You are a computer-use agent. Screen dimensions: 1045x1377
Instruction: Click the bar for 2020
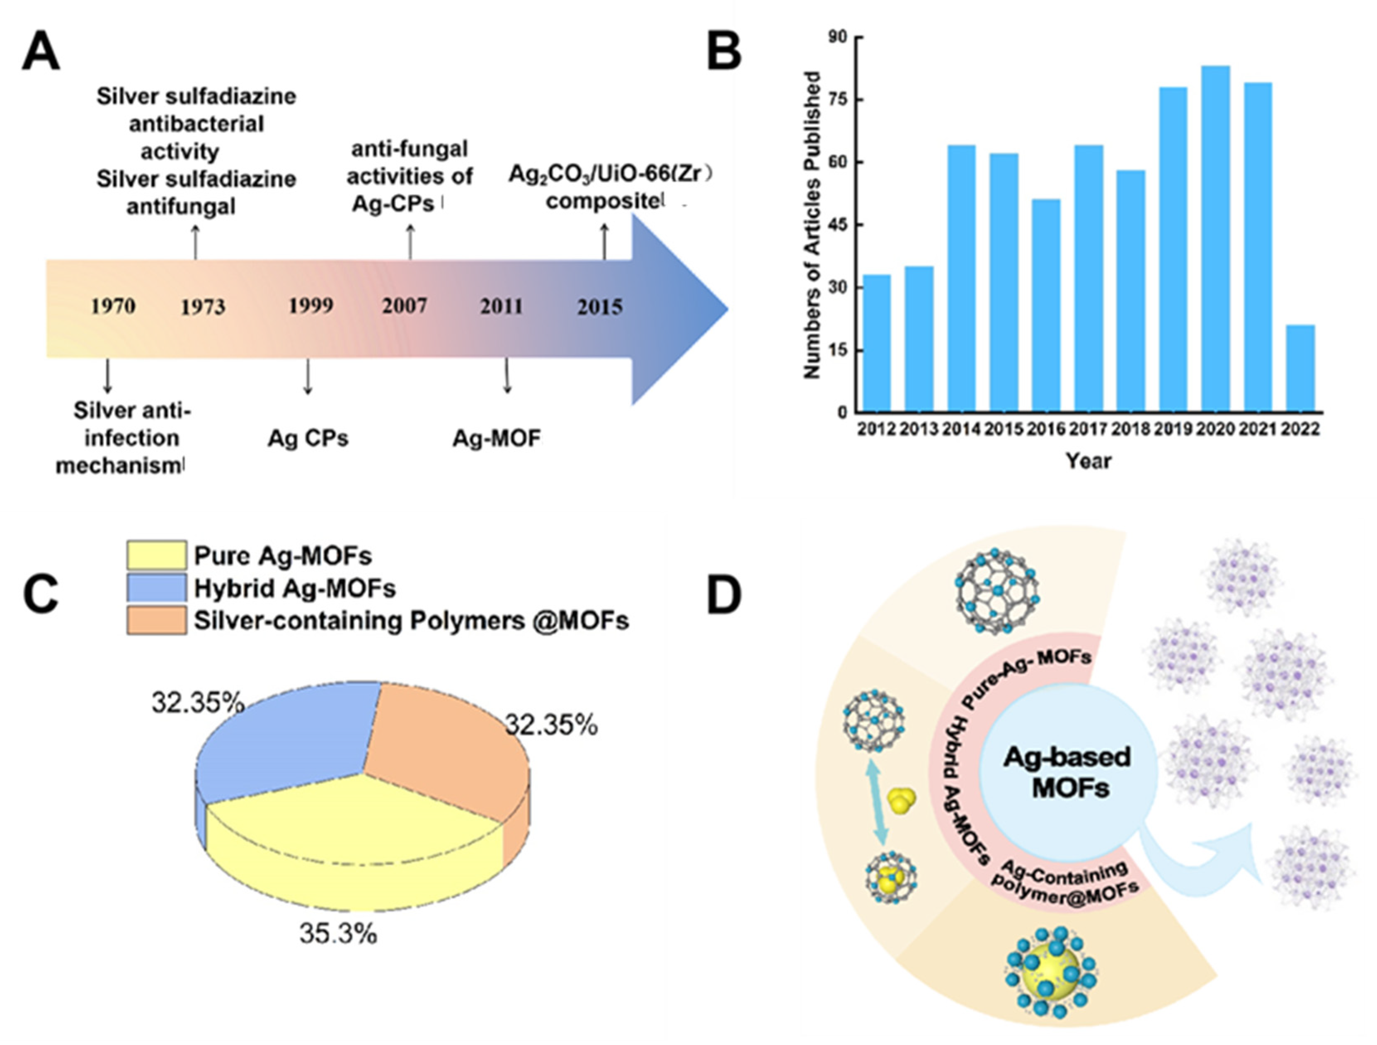(x=1215, y=239)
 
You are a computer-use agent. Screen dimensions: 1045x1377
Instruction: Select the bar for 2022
(x=1300, y=369)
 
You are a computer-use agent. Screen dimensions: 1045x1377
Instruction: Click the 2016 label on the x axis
(x=1046, y=429)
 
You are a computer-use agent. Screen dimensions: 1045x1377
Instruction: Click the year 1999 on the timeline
(x=310, y=305)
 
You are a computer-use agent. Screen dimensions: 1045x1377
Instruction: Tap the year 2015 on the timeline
(x=599, y=307)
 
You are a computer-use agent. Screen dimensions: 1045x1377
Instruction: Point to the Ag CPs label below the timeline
(x=308, y=438)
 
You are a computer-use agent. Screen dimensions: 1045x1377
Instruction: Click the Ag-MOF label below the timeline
(x=496, y=438)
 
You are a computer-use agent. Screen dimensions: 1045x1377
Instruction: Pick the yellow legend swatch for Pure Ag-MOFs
(x=156, y=555)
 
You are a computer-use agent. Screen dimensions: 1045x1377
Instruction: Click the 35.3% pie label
(x=338, y=933)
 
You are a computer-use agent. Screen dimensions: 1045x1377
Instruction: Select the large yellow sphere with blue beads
(x=1051, y=973)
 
